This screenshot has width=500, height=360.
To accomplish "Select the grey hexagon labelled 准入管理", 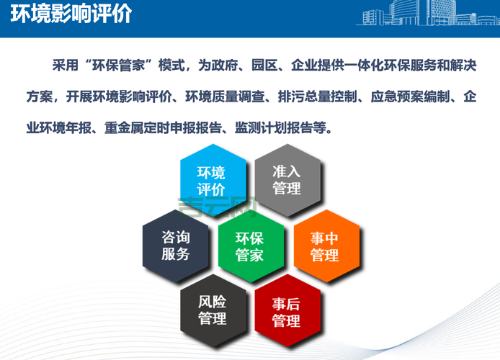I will pos(287,180).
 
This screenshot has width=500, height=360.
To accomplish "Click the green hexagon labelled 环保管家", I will pos(249,246).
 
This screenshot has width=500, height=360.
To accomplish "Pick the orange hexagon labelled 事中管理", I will pos(325,246).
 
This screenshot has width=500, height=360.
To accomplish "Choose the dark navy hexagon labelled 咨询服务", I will pos(175,246).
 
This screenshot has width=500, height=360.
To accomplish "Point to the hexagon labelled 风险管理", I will pos(212,310).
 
